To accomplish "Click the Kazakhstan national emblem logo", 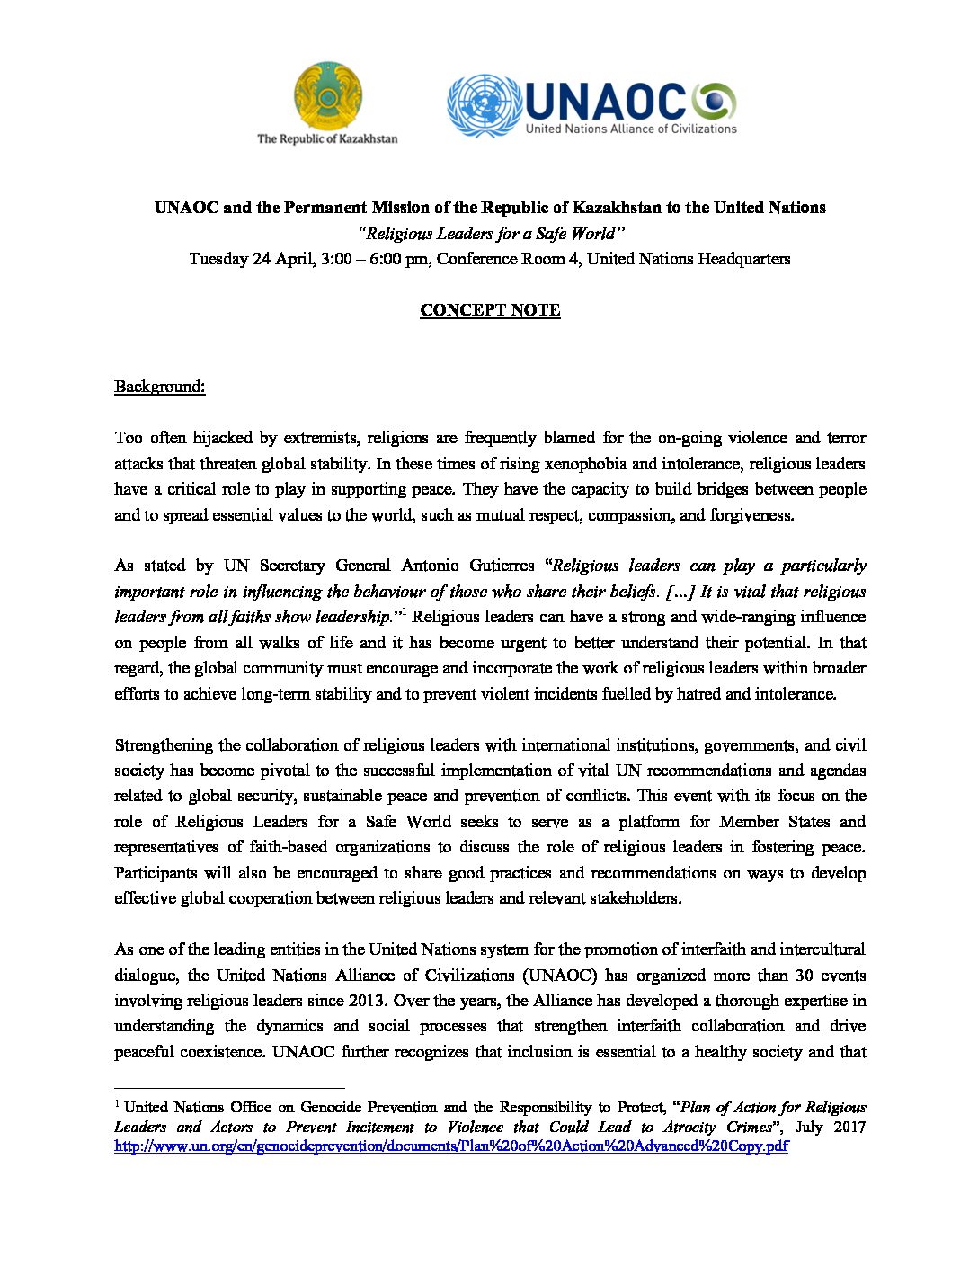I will click(327, 95).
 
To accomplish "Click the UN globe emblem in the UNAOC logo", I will click(485, 106).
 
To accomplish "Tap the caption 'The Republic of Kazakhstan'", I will click(327, 138).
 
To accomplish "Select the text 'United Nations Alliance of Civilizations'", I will click(631, 129).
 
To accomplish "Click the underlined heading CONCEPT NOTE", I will click(490, 310).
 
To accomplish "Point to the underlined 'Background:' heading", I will click(159, 387).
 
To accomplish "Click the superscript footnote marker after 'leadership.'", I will click(405, 612).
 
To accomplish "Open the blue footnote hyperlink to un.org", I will click(450, 1146).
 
